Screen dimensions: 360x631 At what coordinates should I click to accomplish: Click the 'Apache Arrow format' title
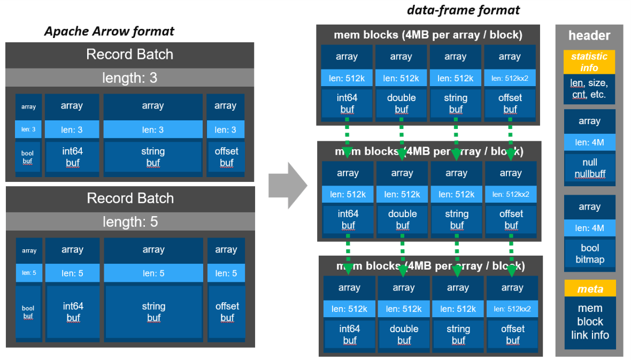pyautogui.click(x=109, y=31)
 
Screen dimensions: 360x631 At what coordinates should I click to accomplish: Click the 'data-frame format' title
pyautogui.click(x=463, y=10)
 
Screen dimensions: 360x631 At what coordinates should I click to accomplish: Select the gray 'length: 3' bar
pyautogui.click(x=130, y=78)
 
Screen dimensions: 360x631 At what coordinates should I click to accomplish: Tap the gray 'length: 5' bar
pyautogui.click(x=130, y=221)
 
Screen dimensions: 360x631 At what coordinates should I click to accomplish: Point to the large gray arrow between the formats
pyautogui.click(x=288, y=185)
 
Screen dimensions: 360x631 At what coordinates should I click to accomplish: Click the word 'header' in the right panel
pyautogui.click(x=589, y=35)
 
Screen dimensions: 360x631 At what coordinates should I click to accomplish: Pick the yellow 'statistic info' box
pyautogui.click(x=589, y=62)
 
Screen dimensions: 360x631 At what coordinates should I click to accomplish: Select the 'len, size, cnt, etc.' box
pyautogui.click(x=589, y=89)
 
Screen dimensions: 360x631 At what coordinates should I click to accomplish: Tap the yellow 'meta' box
pyautogui.click(x=590, y=289)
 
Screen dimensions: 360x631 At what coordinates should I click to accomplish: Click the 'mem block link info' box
pyautogui.click(x=590, y=322)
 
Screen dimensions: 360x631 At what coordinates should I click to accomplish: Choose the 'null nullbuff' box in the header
pyautogui.click(x=590, y=167)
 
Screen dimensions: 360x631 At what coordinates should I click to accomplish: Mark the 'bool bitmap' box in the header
pyautogui.click(x=590, y=254)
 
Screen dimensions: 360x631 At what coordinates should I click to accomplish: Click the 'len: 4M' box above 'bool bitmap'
pyautogui.click(x=590, y=228)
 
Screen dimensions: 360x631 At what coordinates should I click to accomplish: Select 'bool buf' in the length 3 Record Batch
pyautogui.click(x=28, y=157)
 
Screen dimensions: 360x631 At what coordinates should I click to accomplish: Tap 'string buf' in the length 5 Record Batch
pyautogui.click(x=153, y=312)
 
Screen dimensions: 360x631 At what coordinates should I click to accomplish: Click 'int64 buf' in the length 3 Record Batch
pyautogui.click(x=72, y=157)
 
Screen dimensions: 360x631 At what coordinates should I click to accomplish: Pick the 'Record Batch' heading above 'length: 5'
pyautogui.click(x=130, y=198)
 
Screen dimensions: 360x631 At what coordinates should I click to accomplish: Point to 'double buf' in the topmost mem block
pyautogui.click(x=401, y=103)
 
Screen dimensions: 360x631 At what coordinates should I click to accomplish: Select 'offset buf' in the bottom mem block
pyautogui.click(x=512, y=334)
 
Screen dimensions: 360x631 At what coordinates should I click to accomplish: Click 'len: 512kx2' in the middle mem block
pyautogui.click(x=511, y=194)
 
